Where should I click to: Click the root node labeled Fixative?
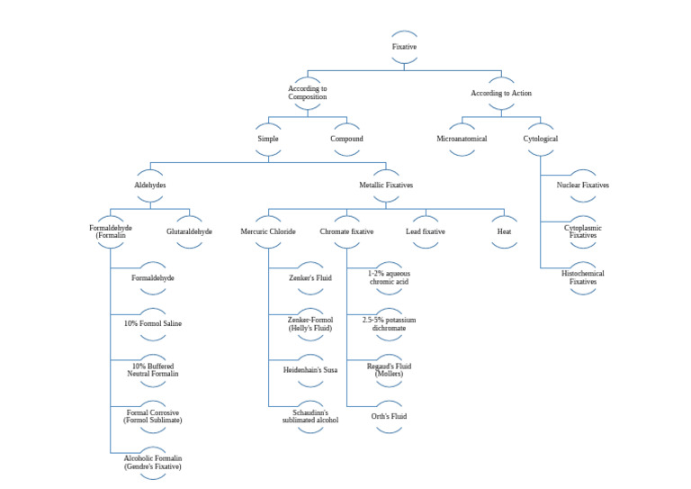pyautogui.click(x=404, y=46)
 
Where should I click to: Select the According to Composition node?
pyautogui.click(x=308, y=93)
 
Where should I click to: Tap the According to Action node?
pyautogui.click(x=501, y=93)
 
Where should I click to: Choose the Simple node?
pyautogui.click(x=268, y=139)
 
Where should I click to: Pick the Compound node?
pyautogui.click(x=346, y=139)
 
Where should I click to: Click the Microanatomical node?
pyautogui.click(x=462, y=139)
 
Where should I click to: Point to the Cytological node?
pyautogui.click(x=540, y=139)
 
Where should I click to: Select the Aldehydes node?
pyautogui.click(x=149, y=185)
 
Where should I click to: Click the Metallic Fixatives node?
pyautogui.click(x=386, y=185)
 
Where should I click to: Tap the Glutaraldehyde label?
pyautogui.click(x=189, y=231)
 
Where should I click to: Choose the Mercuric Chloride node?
pyautogui.click(x=268, y=231)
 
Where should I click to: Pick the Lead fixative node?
pyautogui.click(x=426, y=231)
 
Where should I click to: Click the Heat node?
pyautogui.click(x=504, y=231)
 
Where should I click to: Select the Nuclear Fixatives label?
pyautogui.click(x=582, y=185)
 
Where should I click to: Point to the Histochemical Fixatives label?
pyautogui.click(x=582, y=277)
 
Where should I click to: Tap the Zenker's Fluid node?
pyautogui.click(x=310, y=278)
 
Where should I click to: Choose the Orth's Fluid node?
pyautogui.click(x=389, y=417)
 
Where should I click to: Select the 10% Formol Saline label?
pyautogui.click(x=153, y=323)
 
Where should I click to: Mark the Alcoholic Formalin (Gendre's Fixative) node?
pyautogui.click(x=153, y=463)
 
